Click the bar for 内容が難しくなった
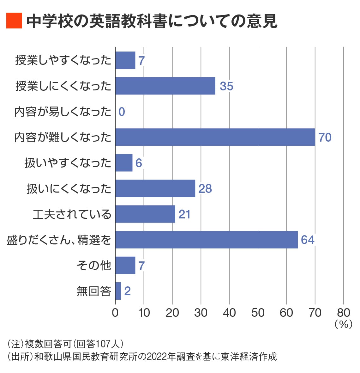coord(215,137)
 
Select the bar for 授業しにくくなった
coord(165,86)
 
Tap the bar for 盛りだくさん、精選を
coord(207,240)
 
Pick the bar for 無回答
coord(118,291)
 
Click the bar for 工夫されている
coord(145,214)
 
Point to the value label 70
coord(325,138)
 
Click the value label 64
coord(308,240)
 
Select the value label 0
coord(122,112)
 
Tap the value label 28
coord(205,189)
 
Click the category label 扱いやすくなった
coord(68,163)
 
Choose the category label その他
coord(94,265)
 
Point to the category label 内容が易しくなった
coord(63,112)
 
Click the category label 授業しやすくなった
coord(63,60)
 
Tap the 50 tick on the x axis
coord(258,313)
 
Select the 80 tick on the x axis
coord(343,313)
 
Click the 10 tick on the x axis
coord(144,313)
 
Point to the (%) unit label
coord(343,324)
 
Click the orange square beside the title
coord(14,21)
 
